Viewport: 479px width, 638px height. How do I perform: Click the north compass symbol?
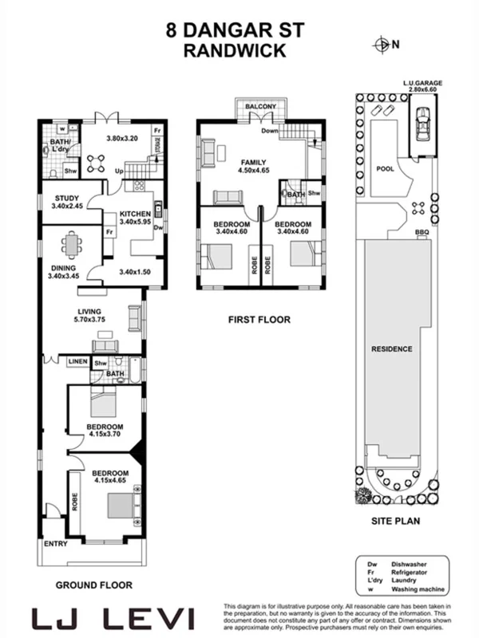pos(385,45)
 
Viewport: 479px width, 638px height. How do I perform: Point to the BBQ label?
pos(422,233)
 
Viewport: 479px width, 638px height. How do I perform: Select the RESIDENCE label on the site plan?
pos(391,349)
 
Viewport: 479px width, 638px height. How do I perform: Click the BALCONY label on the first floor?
pos(260,106)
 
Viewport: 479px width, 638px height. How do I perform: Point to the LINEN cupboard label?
pos(77,362)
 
